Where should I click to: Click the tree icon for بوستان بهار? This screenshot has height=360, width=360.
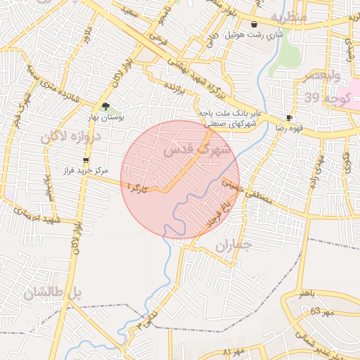(x=105, y=106)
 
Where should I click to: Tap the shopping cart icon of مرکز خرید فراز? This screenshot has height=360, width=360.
(x=86, y=160)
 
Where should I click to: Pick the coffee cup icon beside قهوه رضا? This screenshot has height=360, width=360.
(x=289, y=117)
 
